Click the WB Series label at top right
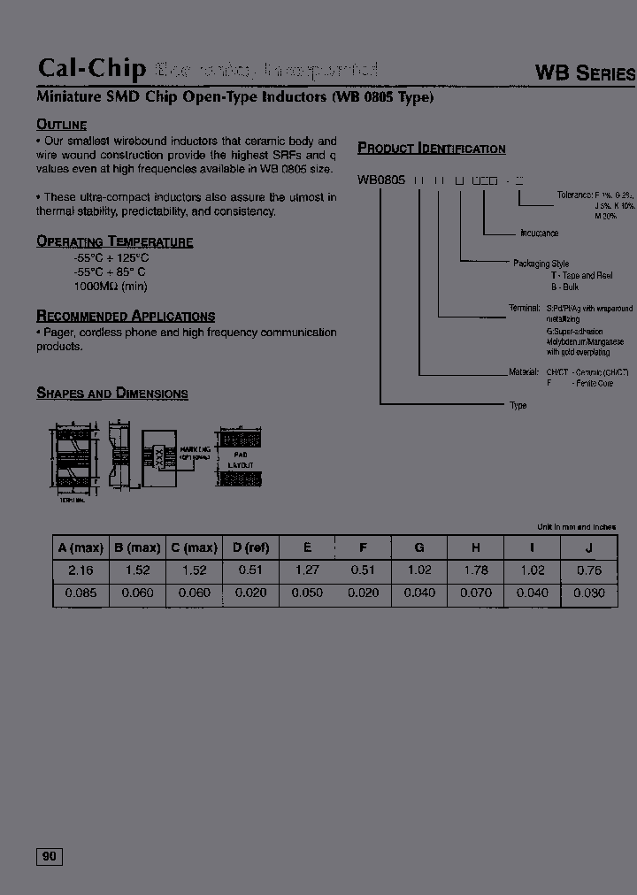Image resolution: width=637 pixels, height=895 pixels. point(585,73)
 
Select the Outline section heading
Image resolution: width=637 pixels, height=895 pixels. point(61,125)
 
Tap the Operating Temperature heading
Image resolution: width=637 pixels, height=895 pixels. point(114,241)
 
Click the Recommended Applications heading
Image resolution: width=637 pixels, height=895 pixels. point(125,316)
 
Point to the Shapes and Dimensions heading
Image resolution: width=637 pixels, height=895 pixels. point(111,394)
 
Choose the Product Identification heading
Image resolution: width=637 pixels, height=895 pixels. point(431,149)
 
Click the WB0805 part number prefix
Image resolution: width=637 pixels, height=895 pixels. point(381,180)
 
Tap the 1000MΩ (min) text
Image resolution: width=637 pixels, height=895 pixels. point(111,287)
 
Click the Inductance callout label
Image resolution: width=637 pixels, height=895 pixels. point(539,233)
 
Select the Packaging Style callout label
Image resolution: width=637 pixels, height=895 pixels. point(541,264)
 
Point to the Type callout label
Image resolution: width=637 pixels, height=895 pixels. point(518,405)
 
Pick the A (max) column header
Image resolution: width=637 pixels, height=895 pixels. point(81,547)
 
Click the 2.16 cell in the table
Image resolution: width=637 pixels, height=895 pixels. point(81,570)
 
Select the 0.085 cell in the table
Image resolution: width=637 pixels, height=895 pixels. point(81,593)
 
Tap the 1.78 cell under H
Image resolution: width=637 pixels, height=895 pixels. point(476,570)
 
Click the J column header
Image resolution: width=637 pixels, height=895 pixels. point(589,547)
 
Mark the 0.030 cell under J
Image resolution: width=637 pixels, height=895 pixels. point(589,593)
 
